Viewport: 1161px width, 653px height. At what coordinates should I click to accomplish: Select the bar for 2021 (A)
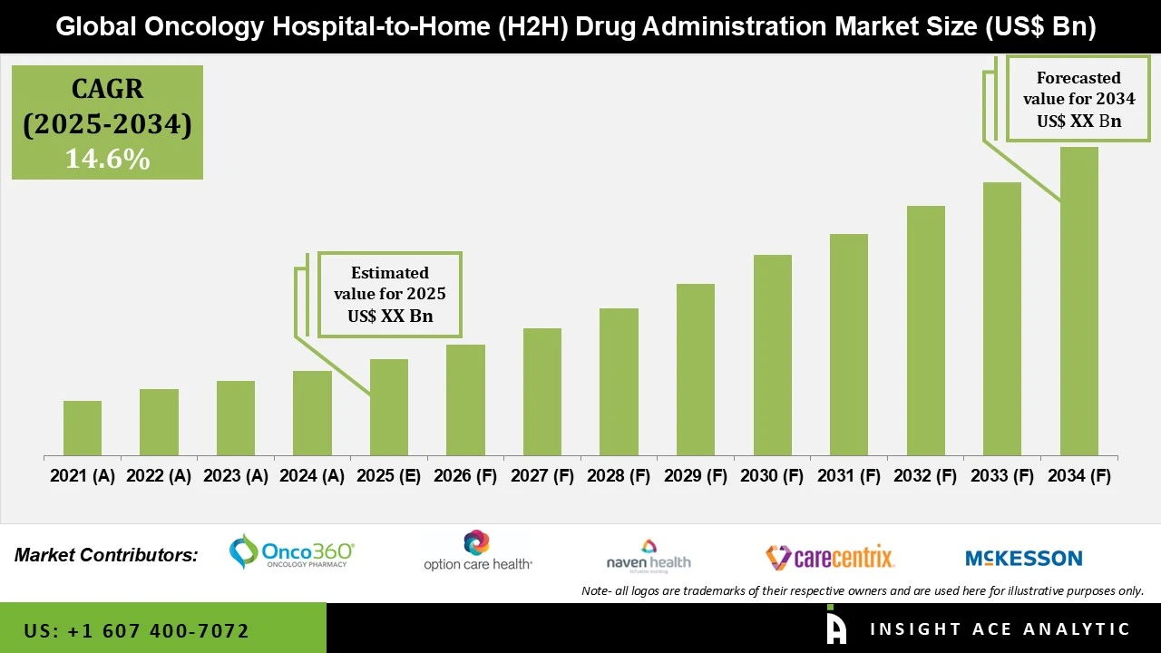tap(83, 428)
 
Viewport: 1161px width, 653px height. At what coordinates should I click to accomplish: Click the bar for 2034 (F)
tap(1078, 301)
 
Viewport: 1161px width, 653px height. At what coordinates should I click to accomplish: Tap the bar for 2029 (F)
tap(696, 370)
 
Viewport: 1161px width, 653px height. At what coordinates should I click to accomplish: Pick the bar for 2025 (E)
tap(389, 407)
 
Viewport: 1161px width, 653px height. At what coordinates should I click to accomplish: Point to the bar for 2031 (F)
tap(849, 345)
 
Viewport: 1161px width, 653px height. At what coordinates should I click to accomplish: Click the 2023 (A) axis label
tap(236, 476)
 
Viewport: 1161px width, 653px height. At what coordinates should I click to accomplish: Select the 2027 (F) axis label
tap(542, 476)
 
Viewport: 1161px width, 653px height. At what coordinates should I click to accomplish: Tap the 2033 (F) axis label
tap(1002, 476)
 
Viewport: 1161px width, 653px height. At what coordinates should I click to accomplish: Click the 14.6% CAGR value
tap(107, 160)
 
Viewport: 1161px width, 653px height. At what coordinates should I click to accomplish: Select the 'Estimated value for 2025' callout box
tap(390, 295)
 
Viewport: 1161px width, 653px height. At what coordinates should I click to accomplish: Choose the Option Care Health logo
tap(478, 551)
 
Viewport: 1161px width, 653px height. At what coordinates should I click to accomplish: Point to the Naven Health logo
tap(649, 555)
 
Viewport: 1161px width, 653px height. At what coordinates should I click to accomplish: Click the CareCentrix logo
tap(830, 556)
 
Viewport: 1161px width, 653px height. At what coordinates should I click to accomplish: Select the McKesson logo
tap(1024, 558)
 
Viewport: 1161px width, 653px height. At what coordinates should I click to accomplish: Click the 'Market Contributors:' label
tap(106, 554)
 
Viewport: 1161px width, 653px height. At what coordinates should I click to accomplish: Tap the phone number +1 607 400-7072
tap(136, 630)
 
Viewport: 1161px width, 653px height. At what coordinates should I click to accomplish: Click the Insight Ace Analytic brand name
tap(1000, 629)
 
